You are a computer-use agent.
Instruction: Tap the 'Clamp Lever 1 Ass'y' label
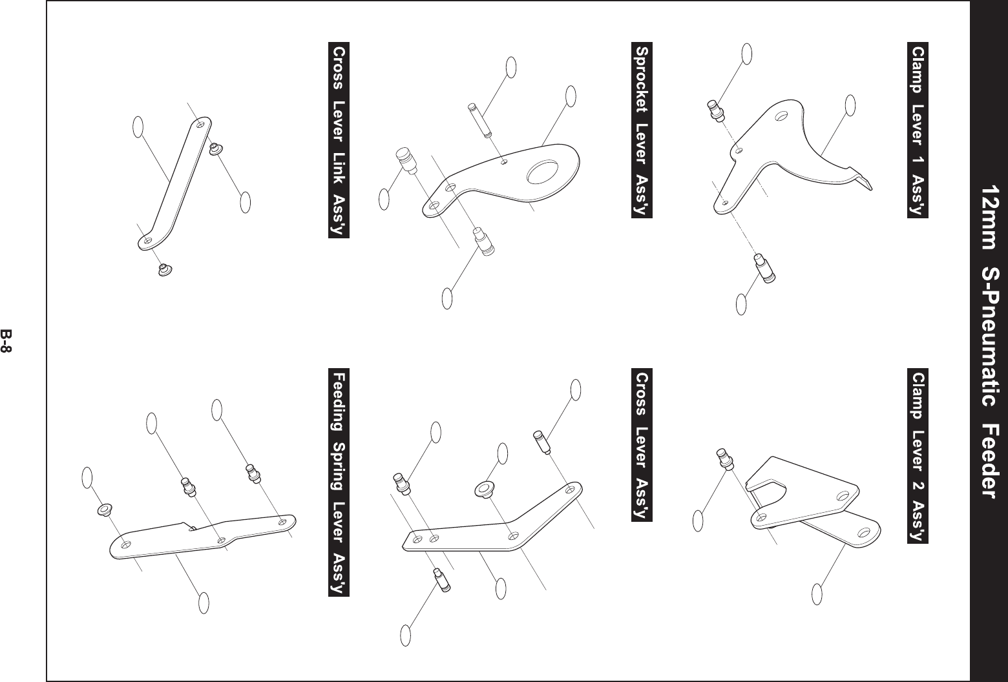tap(918, 131)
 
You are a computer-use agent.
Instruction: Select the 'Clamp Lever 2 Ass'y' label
tap(918, 457)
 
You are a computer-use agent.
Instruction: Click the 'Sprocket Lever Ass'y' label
tap(642, 131)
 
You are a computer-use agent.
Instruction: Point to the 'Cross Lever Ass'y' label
tap(642, 445)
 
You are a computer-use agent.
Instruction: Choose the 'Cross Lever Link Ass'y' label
tap(339, 140)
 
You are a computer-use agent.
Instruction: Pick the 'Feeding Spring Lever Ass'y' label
tap(339, 482)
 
